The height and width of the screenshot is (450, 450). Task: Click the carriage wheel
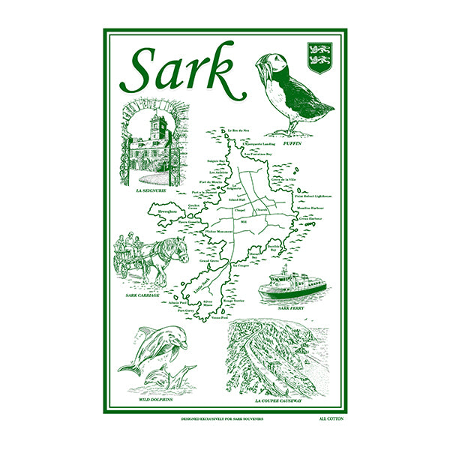click(124, 267)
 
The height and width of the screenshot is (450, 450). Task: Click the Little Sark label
click(199, 286)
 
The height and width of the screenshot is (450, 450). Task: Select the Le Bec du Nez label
click(239, 129)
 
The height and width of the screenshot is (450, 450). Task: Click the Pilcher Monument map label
click(220, 232)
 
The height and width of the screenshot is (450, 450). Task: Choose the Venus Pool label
click(220, 319)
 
